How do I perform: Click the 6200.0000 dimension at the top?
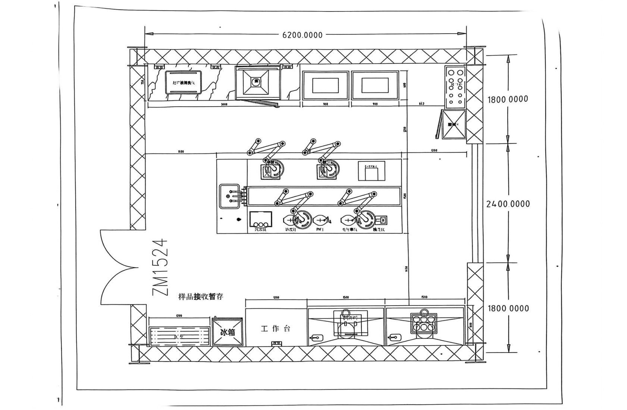[302, 35]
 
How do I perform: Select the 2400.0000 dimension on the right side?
[508, 204]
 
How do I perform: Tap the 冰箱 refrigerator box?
[228, 332]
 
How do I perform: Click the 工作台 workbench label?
[276, 329]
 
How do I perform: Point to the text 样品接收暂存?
[201, 297]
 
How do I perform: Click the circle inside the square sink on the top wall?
[256, 82]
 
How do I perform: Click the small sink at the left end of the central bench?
[229, 196]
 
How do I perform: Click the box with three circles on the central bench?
[260, 220]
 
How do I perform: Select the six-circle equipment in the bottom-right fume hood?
[423, 323]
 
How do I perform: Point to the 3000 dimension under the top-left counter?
[224, 104]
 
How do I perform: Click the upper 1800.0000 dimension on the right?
[508, 99]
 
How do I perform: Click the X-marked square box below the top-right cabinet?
[454, 124]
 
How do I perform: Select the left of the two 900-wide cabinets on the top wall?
[325, 86]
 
